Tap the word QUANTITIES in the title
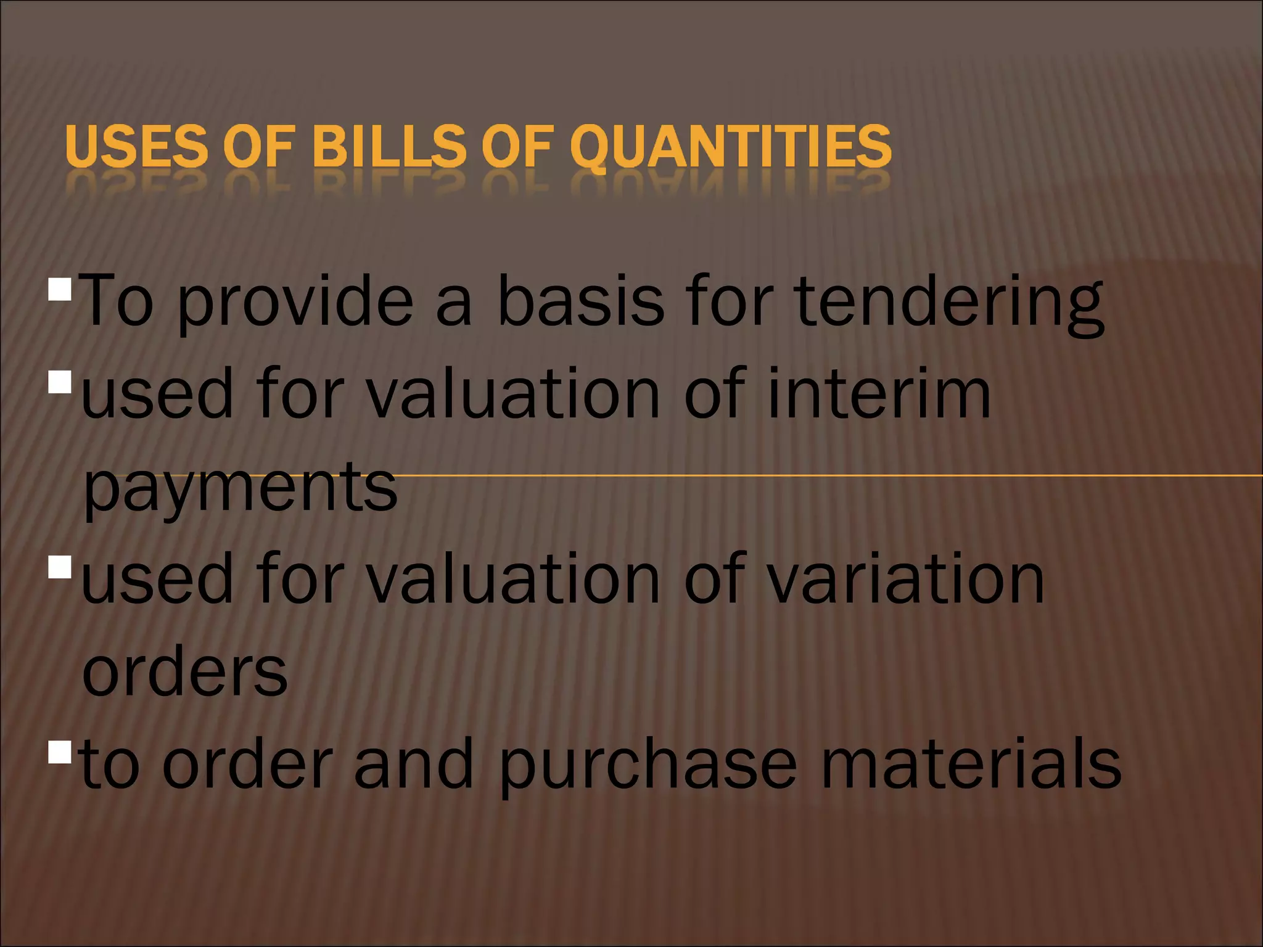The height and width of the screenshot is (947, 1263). coord(731,146)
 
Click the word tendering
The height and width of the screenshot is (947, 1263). coord(950,302)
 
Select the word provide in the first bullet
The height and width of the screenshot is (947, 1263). coord(296,302)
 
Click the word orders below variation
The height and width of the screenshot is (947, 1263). coord(185,672)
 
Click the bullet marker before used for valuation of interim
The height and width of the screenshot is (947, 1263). coord(60,382)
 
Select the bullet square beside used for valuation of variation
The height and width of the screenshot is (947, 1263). coord(60,567)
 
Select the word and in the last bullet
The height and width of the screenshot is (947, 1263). coord(414,765)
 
